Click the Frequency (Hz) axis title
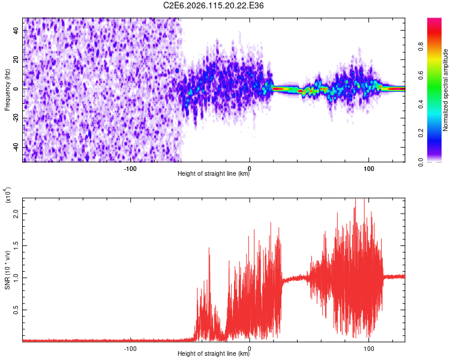(x=7, y=90)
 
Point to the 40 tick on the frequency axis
(x=17, y=30)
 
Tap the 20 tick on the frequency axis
(x=17, y=59)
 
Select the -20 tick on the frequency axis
(x=16, y=118)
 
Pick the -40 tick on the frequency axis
(x=16, y=148)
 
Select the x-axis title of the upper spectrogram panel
(x=214, y=174)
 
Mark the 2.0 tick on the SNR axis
(x=17, y=213)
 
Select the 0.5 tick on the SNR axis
(x=17, y=310)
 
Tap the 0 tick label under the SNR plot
(x=250, y=347)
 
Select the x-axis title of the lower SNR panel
(x=214, y=354)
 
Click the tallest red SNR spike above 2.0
(x=356, y=199)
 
